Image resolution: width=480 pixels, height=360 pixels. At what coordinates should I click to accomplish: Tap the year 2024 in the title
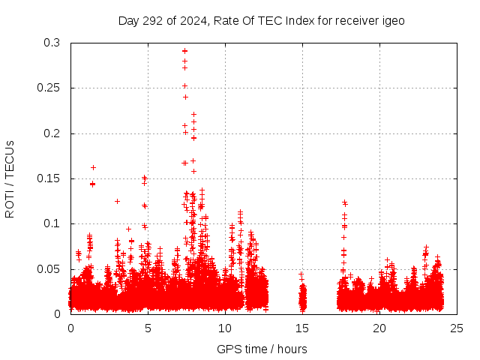click(190, 20)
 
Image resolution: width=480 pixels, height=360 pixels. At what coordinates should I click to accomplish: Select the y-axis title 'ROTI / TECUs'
click(10, 178)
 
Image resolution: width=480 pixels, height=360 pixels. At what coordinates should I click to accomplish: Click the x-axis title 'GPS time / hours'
click(262, 349)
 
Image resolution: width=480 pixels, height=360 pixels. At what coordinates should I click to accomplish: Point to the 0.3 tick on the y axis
click(52, 43)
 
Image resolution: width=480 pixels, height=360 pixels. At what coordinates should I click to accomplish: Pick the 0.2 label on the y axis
click(52, 133)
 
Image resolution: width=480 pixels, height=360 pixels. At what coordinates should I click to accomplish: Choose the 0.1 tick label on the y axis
click(52, 223)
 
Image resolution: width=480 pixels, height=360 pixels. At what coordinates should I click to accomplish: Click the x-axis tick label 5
click(148, 328)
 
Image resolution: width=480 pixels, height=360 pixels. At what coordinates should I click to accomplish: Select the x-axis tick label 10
click(225, 328)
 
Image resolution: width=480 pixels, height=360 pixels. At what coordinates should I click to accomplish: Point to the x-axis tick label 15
click(302, 328)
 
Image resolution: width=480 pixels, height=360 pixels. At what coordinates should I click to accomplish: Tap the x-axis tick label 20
click(379, 328)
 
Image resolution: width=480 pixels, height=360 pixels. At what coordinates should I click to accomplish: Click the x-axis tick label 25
click(457, 328)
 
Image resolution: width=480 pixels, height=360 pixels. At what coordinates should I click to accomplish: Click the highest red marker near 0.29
click(184, 51)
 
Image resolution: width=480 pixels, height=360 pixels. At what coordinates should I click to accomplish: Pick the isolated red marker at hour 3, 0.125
click(117, 201)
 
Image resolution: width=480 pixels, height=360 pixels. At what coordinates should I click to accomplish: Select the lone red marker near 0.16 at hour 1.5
click(94, 167)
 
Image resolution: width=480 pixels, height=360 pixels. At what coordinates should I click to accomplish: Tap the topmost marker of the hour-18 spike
click(345, 202)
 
